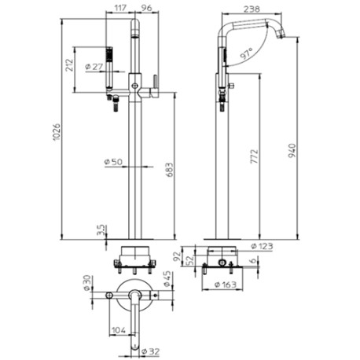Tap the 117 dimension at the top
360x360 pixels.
120,8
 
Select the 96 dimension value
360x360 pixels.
146,8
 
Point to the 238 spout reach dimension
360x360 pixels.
252,9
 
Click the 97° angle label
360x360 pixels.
247,53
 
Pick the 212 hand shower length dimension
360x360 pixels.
70,65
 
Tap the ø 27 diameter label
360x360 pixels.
94,67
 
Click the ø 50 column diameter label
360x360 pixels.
113,162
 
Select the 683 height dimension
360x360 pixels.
170,170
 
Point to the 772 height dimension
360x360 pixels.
254,156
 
